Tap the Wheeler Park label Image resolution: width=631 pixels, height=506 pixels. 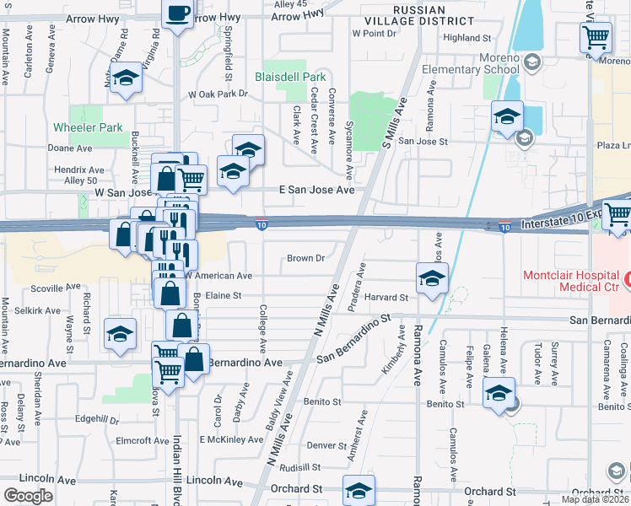(88, 127)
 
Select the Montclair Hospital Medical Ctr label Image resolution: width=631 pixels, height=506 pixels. (576, 282)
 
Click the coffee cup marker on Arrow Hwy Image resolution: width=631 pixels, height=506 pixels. (178, 13)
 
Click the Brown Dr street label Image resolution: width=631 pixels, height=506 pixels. (306, 258)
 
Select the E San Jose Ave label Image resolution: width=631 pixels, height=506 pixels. (316, 191)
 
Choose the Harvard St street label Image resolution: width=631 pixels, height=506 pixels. (388, 297)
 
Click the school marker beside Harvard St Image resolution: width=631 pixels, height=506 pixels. (431, 278)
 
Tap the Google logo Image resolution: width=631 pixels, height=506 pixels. (27, 495)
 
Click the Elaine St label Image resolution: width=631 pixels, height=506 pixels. (224, 295)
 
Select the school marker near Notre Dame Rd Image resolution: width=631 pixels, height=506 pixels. (126, 78)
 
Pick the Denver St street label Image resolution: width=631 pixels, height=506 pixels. (327, 444)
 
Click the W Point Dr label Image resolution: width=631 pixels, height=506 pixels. (373, 33)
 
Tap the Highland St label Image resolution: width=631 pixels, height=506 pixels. (467, 38)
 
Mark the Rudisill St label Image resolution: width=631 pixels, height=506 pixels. (301, 466)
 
